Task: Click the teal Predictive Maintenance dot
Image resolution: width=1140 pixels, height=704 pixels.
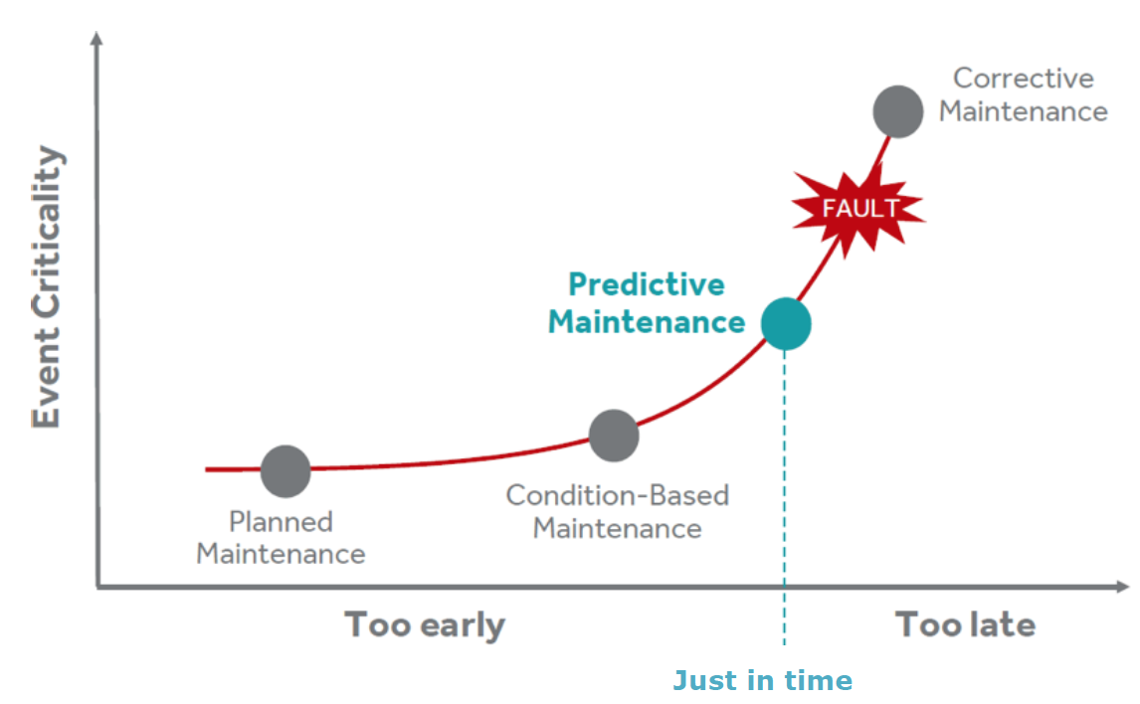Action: tap(786, 324)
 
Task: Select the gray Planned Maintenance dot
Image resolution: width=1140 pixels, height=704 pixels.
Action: tap(285, 471)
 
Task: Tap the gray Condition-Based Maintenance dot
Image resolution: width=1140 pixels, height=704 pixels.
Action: tap(614, 436)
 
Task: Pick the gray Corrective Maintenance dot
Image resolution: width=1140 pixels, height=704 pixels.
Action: tap(898, 112)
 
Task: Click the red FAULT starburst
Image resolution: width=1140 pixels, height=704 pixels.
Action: tap(857, 210)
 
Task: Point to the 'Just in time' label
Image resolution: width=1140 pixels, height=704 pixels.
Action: tap(763, 681)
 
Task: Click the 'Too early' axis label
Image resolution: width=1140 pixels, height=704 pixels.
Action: tap(426, 625)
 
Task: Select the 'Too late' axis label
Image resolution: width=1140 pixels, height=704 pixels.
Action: tap(966, 624)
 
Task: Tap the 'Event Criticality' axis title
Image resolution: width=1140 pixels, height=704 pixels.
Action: tap(47, 287)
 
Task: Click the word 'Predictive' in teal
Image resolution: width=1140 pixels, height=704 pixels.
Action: tap(647, 284)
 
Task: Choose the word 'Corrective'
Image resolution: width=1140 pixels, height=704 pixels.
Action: tap(1024, 79)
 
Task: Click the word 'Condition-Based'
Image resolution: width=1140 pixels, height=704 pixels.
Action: tap(618, 495)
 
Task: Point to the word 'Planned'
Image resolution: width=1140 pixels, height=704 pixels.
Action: tap(281, 522)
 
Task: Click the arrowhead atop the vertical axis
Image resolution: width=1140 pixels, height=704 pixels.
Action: tap(95, 38)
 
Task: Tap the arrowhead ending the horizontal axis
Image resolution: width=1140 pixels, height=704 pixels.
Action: tap(1123, 587)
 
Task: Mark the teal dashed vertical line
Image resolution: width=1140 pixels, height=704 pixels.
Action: tap(785, 497)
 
